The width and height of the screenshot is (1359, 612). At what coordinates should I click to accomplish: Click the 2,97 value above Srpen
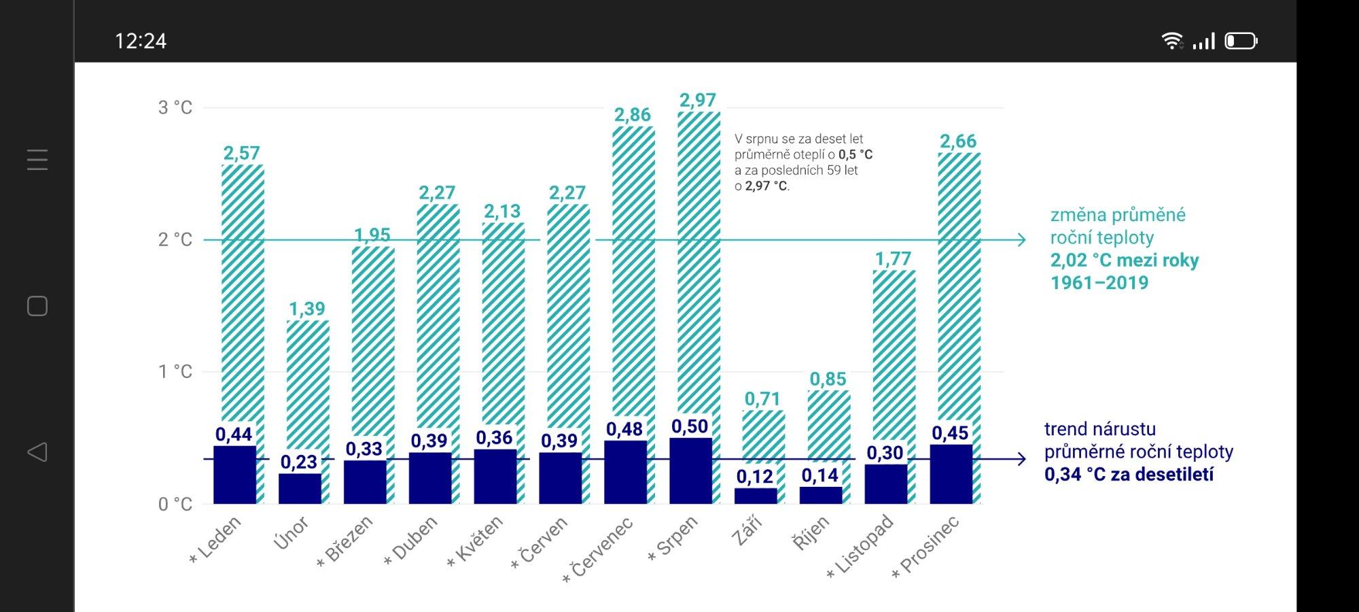698,101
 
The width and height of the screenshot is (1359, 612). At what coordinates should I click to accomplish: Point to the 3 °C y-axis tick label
175,107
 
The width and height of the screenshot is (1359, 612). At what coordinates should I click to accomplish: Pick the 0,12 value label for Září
755,477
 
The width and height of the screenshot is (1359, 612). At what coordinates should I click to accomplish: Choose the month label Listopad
862,547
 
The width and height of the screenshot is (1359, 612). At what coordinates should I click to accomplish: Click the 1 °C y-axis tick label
175,371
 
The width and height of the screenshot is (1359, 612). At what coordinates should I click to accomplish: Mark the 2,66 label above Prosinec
958,141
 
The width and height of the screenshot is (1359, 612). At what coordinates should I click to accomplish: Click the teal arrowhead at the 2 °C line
1020,239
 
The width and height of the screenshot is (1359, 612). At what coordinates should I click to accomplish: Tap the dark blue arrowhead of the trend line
1020,459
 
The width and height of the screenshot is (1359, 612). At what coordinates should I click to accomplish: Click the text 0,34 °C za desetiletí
1129,475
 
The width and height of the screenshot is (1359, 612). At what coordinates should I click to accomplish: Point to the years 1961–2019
1099,283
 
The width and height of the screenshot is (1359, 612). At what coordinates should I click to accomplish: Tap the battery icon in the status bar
1241,41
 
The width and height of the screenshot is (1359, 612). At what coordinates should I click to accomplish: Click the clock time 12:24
141,41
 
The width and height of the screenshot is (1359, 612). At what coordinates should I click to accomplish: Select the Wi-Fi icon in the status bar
1172,41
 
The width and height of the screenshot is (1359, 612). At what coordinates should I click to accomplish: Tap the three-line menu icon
37,160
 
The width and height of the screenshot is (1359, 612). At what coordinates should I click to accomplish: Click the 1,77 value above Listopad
893,259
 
